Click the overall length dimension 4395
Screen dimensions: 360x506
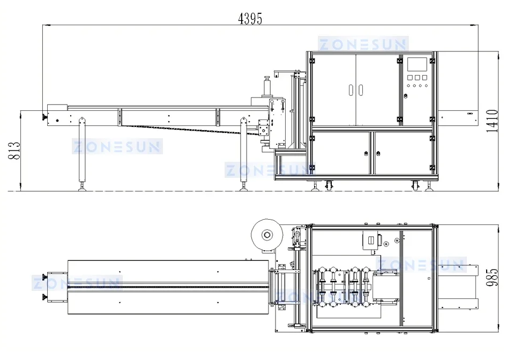click(250, 18)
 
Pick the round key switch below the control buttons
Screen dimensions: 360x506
click(406, 96)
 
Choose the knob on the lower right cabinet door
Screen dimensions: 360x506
click(379, 154)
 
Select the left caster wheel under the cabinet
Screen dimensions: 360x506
click(328, 186)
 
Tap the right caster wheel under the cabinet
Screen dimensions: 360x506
click(415, 186)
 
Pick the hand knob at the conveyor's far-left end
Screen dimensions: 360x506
click(42, 117)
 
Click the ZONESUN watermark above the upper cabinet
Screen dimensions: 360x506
click(363, 44)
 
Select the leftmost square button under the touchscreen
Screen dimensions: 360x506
click(410, 78)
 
